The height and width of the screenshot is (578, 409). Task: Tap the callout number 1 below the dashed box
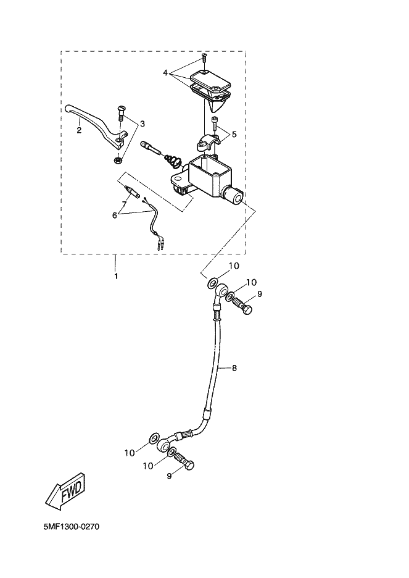tap(116, 275)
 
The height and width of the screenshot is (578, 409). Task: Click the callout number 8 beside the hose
tap(234, 368)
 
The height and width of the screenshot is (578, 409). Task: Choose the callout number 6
tap(114, 215)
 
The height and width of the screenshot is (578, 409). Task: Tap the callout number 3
tap(143, 124)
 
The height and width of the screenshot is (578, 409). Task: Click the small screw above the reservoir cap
tap(203, 59)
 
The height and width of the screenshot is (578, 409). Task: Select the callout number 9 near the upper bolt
tap(260, 294)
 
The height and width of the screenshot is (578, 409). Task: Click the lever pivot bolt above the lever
tap(120, 115)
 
